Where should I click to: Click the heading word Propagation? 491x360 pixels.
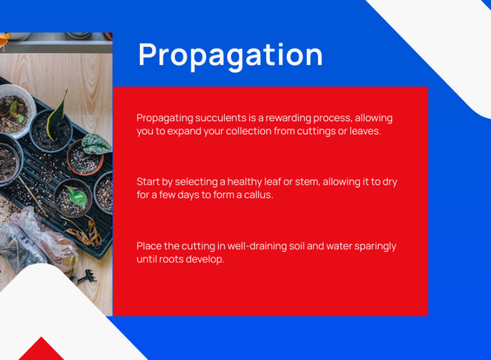(231, 56)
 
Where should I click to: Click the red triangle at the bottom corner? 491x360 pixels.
(41, 349)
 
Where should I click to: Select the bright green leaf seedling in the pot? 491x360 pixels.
(77, 196)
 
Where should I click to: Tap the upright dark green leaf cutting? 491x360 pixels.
(57, 115)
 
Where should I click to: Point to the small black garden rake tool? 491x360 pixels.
(86, 276)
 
